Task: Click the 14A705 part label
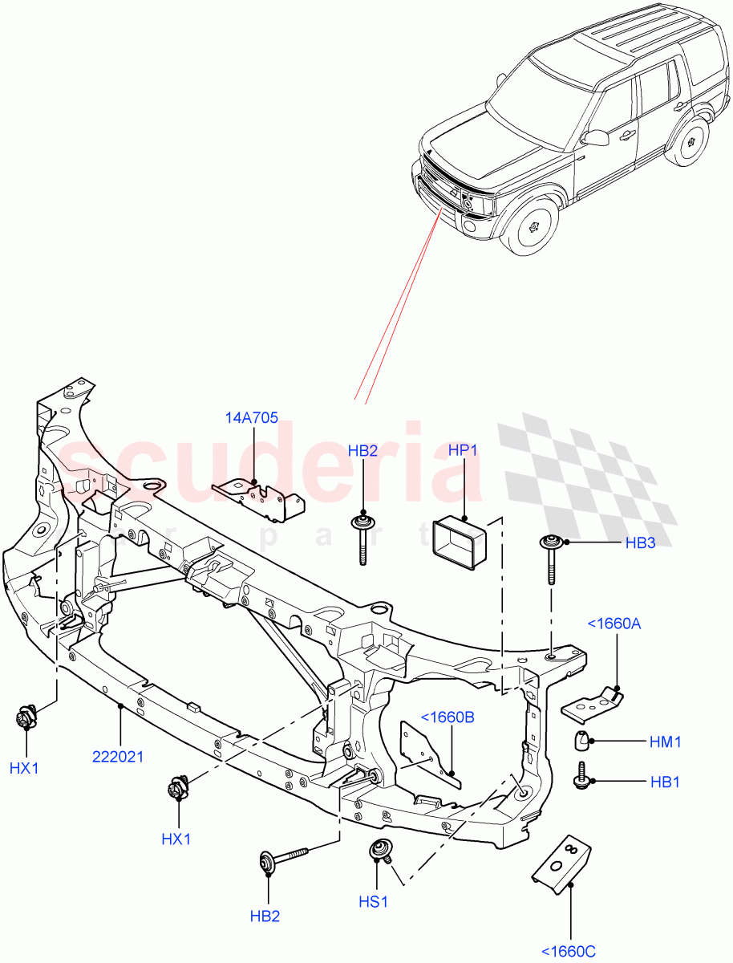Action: click(x=252, y=417)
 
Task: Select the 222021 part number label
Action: click(x=118, y=756)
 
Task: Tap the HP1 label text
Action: click(x=464, y=450)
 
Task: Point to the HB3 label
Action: click(x=640, y=542)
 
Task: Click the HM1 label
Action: click(x=665, y=742)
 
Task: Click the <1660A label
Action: click(x=614, y=623)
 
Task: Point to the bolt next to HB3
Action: click(x=551, y=559)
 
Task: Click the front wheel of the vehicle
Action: click(x=533, y=227)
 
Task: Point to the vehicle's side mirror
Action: click(x=596, y=138)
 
